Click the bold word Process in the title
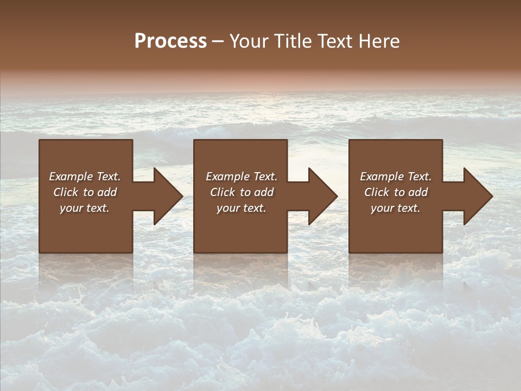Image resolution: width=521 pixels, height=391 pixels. pos(170,41)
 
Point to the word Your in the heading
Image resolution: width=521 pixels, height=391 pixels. pos(248,41)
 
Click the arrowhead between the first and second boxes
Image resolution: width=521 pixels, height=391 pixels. pos(166,196)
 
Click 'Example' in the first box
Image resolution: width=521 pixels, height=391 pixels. pos(71,176)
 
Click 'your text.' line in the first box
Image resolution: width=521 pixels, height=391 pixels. pos(85,208)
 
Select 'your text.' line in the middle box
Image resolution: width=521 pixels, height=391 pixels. pos(241,208)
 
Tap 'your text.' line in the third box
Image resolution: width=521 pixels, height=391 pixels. pos(396,208)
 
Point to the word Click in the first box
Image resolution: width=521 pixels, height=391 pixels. pos(65,192)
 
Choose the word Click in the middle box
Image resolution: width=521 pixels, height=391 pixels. pos(222,192)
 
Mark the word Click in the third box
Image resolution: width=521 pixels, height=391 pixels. pos(376,192)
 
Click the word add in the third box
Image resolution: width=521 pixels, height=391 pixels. pos(419,192)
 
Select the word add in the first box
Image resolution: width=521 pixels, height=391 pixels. pos(108,192)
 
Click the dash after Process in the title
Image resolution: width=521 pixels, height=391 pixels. pos(218,41)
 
